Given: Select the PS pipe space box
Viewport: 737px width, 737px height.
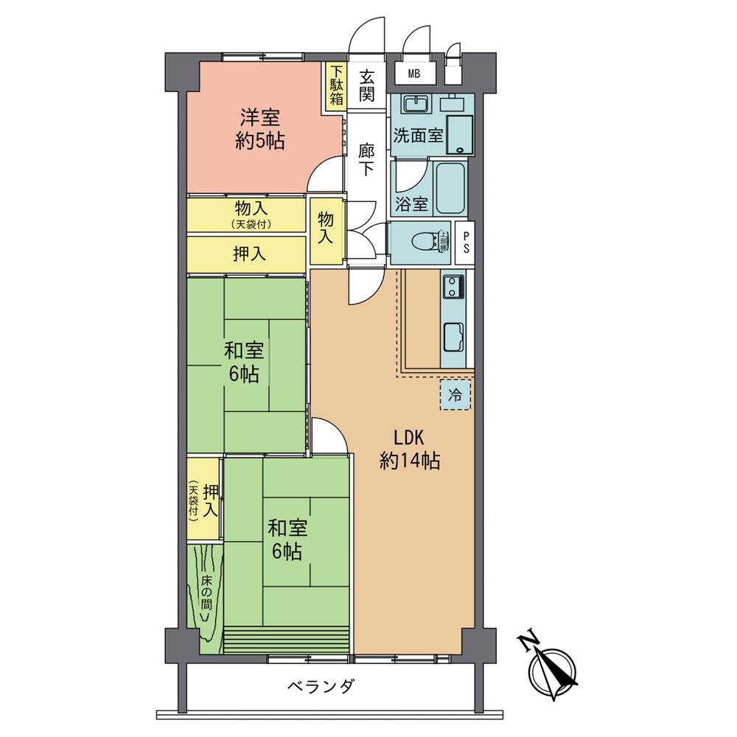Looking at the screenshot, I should [465, 242].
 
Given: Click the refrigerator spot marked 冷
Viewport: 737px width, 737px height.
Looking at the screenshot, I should [456, 394].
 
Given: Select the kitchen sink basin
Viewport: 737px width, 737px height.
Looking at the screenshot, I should [453, 338].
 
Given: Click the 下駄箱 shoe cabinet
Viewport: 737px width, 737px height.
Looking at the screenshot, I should [336, 87].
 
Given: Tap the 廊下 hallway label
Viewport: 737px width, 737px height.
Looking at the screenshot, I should [366, 159].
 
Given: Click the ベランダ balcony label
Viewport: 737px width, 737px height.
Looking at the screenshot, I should [321, 687].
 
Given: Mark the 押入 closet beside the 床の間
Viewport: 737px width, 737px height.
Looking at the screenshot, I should [204, 499].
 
